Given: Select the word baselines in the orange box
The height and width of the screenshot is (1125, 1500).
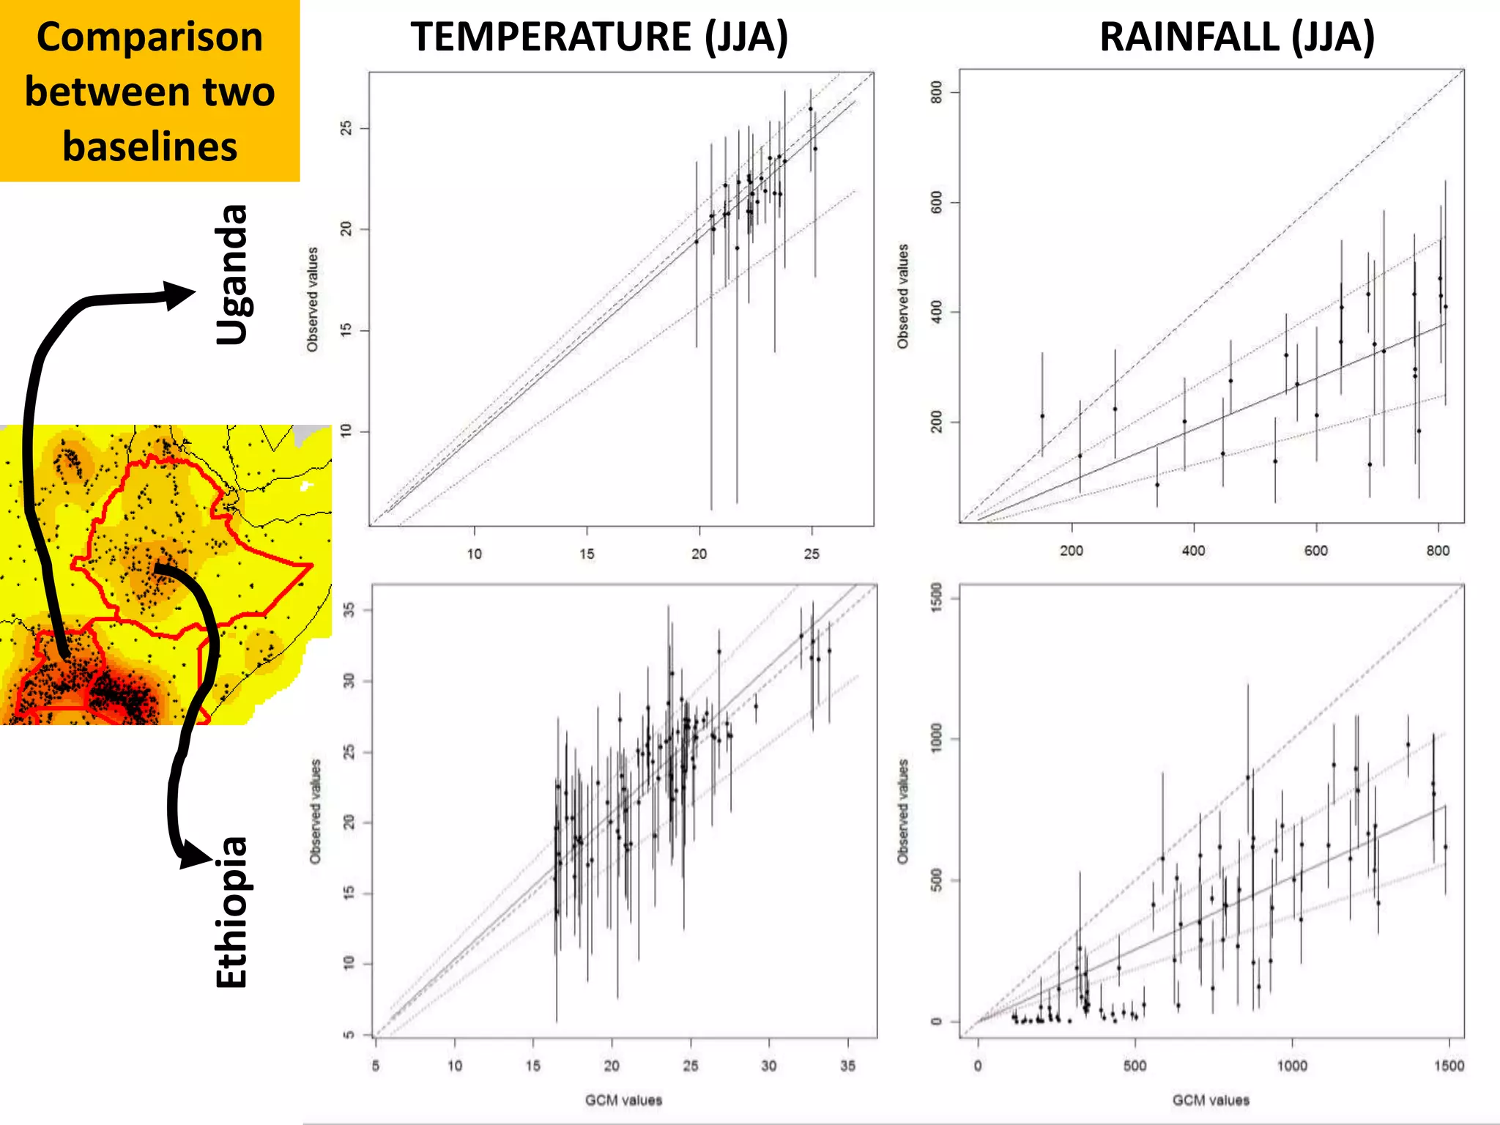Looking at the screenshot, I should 149,146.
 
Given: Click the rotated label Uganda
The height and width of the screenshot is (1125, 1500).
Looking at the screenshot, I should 231,274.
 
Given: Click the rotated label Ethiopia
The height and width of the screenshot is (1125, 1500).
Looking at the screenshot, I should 231,912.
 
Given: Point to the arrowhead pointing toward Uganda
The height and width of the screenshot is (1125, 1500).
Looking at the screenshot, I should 179,294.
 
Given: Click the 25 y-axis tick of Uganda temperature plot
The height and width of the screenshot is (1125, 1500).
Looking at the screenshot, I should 346,128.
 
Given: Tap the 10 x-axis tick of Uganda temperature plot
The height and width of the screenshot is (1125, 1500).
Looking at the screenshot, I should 475,554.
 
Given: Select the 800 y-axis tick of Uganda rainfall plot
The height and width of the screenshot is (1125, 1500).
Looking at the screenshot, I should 936,92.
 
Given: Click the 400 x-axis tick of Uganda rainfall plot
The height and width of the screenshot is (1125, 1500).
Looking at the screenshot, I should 1193,551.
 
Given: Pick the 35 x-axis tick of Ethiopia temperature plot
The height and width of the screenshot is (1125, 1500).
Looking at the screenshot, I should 847,1066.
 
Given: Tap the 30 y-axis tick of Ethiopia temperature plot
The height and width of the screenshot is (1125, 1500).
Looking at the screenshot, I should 349,680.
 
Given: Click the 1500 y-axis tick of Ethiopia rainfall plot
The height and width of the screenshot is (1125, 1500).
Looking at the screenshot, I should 936,595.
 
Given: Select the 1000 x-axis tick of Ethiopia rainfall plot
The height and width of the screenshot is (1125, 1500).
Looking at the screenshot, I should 1291,1066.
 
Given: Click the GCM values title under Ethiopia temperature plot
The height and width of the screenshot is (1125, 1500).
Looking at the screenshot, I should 623,1099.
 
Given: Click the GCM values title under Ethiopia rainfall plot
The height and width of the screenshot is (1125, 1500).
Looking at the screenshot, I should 1211,1099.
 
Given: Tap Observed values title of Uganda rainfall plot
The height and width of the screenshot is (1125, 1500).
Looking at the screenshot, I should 902,296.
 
